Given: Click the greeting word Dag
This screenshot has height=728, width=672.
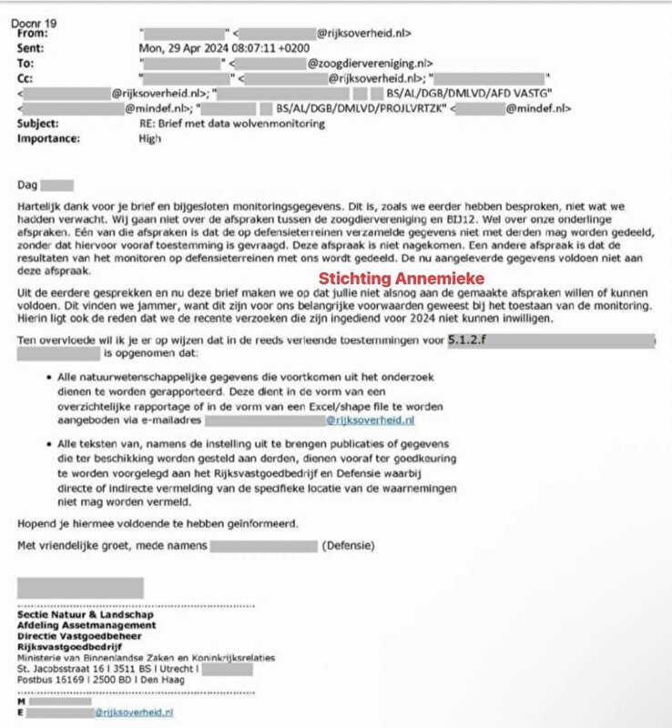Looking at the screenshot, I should tap(27, 186).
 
